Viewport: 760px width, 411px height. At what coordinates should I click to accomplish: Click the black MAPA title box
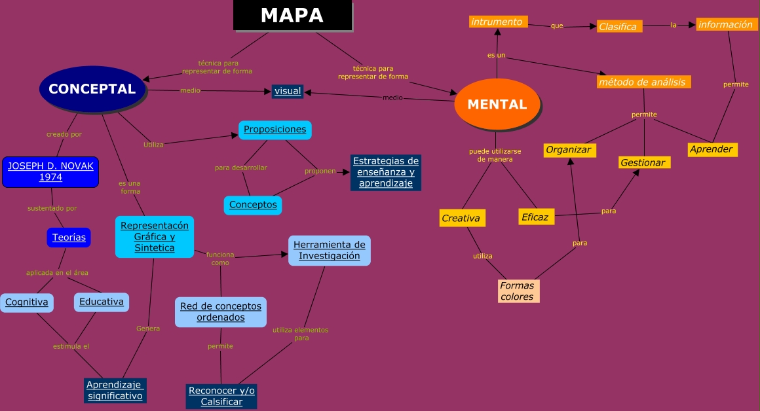(x=292, y=16)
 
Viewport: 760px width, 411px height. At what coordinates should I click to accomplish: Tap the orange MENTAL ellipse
(x=497, y=104)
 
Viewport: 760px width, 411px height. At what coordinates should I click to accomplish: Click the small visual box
(x=288, y=91)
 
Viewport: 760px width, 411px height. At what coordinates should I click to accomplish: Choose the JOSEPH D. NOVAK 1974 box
(x=50, y=171)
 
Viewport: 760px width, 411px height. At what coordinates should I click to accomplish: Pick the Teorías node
(x=69, y=238)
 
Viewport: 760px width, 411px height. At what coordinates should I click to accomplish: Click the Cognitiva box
(x=27, y=302)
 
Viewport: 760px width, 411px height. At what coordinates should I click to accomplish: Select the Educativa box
(x=102, y=302)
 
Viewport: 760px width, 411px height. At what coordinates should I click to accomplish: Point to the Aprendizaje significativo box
(x=115, y=390)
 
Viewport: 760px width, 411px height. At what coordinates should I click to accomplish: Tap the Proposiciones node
(x=275, y=130)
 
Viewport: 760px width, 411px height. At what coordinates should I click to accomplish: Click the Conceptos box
(x=253, y=205)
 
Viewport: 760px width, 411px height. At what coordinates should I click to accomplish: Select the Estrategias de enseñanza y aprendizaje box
(x=385, y=172)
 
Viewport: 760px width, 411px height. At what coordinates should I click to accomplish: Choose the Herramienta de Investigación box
(x=330, y=250)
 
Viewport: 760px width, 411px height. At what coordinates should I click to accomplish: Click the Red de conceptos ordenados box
(x=221, y=312)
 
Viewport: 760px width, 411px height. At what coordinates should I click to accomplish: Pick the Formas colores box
(x=518, y=291)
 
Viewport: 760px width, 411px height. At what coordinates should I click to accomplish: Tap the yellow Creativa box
(x=462, y=218)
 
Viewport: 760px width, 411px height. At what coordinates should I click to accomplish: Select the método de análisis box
(x=643, y=82)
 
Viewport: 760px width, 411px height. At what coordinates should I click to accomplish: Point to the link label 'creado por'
(x=64, y=134)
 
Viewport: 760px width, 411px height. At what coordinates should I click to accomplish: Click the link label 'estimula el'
(x=71, y=346)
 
